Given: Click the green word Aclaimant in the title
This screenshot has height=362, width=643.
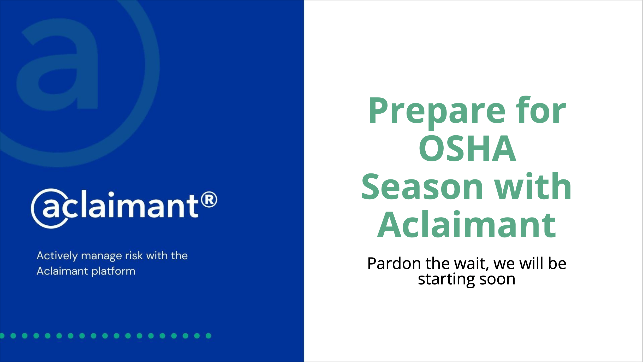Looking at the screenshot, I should [x=467, y=225].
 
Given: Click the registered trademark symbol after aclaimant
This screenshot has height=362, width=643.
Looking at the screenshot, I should [x=209, y=200].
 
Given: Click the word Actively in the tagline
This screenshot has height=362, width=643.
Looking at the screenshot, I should [x=57, y=256].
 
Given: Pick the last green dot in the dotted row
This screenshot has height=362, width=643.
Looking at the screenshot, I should [x=208, y=336].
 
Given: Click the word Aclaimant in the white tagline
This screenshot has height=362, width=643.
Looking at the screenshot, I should [x=62, y=271].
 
